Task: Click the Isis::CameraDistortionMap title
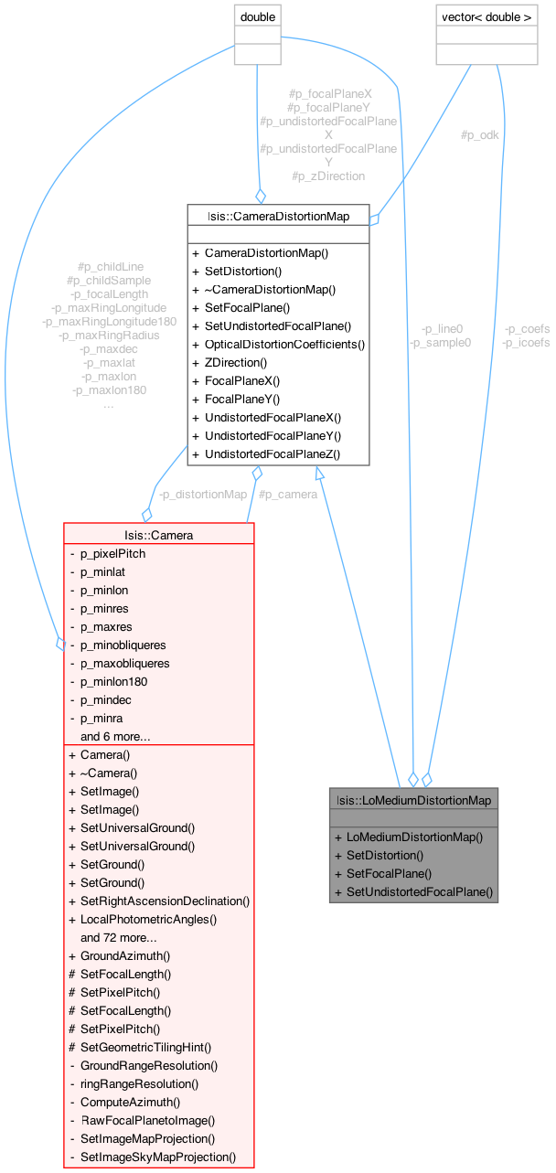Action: (278, 216)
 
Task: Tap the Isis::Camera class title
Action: (158, 535)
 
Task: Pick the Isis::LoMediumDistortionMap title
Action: (413, 800)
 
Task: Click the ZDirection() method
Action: (235, 362)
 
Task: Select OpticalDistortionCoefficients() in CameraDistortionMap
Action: (284, 344)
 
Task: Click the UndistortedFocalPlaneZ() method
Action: (272, 453)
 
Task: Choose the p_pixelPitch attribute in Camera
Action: (112, 553)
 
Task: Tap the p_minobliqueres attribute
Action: (123, 645)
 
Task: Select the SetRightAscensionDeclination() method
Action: (165, 901)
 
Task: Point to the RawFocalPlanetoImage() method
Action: (147, 1120)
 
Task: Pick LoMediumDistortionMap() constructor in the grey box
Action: (414, 837)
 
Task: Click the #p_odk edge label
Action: (479, 135)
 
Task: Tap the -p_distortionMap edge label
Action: (202, 495)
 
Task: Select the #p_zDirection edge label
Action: (328, 176)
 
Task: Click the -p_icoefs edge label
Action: (527, 342)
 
